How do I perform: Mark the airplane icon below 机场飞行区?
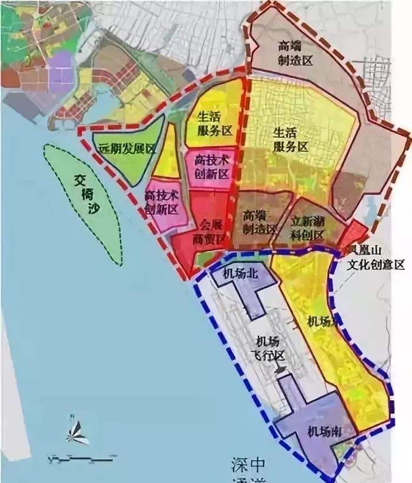tap(281, 369)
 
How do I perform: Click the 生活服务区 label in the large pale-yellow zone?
tap(291, 140)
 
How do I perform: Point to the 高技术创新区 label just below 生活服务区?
tap(210, 166)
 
